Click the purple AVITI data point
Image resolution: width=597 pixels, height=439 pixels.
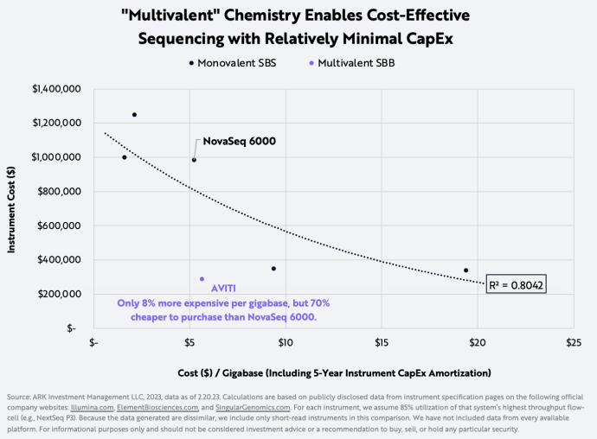(x=202, y=279)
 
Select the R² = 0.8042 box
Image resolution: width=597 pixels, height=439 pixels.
(x=517, y=283)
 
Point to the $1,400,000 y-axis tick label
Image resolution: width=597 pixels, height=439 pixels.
(x=56, y=89)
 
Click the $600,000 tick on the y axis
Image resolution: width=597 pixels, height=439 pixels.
(x=61, y=226)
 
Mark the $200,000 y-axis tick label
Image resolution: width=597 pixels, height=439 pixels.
(x=61, y=294)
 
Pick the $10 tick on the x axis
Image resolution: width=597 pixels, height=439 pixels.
(x=285, y=343)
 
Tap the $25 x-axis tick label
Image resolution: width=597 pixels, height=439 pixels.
(x=573, y=343)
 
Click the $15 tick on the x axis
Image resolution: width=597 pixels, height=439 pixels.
(x=381, y=343)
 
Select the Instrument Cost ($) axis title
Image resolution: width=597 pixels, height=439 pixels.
(x=12, y=207)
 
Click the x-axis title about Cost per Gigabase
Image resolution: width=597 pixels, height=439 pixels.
(x=334, y=372)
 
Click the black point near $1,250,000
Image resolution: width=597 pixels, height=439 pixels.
(x=134, y=115)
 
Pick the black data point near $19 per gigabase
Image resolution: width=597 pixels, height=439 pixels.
(x=465, y=270)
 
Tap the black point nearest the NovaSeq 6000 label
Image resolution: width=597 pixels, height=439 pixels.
(x=194, y=160)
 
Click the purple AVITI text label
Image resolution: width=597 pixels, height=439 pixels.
(x=223, y=288)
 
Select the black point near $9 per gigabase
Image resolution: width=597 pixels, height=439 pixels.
(x=273, y=269)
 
